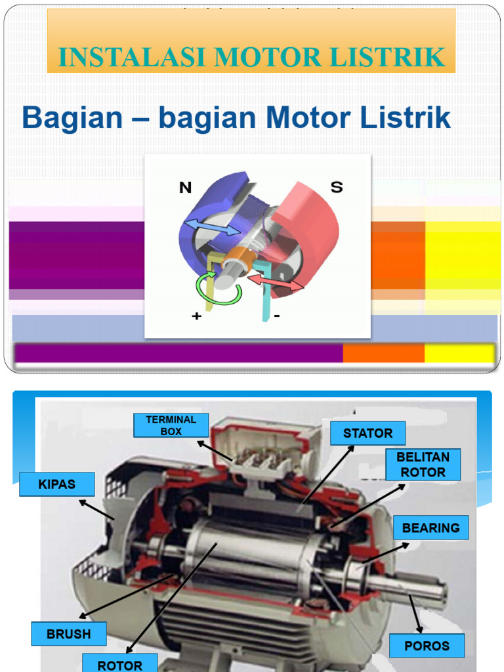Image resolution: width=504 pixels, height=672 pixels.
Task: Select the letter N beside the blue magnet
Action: (x=185, y=188)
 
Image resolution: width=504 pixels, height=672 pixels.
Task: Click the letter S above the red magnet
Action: (x=336, y=188)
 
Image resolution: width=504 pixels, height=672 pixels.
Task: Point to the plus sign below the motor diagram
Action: (x=196, y=316)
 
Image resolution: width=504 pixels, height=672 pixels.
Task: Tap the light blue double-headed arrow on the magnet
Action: (x=211, y=228)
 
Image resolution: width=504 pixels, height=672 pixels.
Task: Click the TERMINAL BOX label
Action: (x=171, y=425)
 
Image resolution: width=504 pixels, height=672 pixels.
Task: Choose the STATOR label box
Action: (x=367, y=433)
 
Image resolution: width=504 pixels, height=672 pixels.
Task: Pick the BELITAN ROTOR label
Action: (x=423, y=465)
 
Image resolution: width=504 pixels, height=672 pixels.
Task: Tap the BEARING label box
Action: (x=430, y=528)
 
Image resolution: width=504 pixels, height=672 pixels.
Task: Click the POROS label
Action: (x=427, y=646)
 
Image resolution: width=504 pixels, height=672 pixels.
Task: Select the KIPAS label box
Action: (x=57, y=484)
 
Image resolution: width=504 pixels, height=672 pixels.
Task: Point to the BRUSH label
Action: (x=68, y=634)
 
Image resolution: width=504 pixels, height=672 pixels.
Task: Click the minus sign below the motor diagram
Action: (x=276, y=316)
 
